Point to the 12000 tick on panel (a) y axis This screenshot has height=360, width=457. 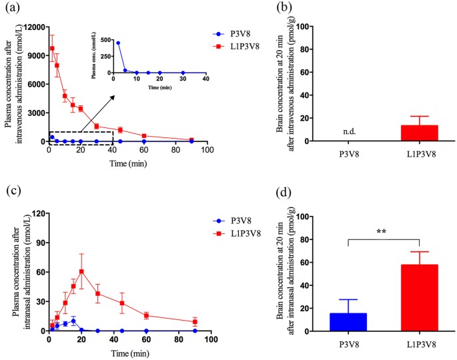pos(33,27)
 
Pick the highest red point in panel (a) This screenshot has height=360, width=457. pos(52,48)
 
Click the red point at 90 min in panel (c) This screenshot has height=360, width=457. pos(195,322)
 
